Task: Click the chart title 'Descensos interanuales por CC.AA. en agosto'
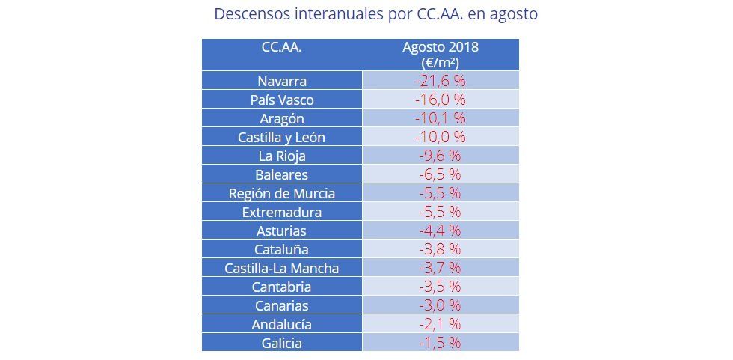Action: point(375,14)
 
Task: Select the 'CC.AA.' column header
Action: point(282,47)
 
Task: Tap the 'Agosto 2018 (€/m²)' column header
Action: point(440,55)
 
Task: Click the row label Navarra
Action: point(282,81)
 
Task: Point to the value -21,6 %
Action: point(440,81)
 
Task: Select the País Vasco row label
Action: point(282,100)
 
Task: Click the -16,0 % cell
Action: point(440,100)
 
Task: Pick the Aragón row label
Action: point(282,118)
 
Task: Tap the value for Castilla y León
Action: point(440,137)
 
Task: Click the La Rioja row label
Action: point(282,156)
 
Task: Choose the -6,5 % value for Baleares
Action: point(440,174)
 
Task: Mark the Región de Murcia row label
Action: point(282,193)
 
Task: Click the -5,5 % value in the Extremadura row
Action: point(440,212)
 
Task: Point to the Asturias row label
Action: point(282,231)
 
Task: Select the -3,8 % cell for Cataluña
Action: point(440,249)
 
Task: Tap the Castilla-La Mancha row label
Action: point(282,268)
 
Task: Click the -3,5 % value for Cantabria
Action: point(440,287)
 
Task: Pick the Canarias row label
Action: point(282,305)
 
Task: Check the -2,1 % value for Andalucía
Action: point(440,324)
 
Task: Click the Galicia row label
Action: point(282,343)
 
